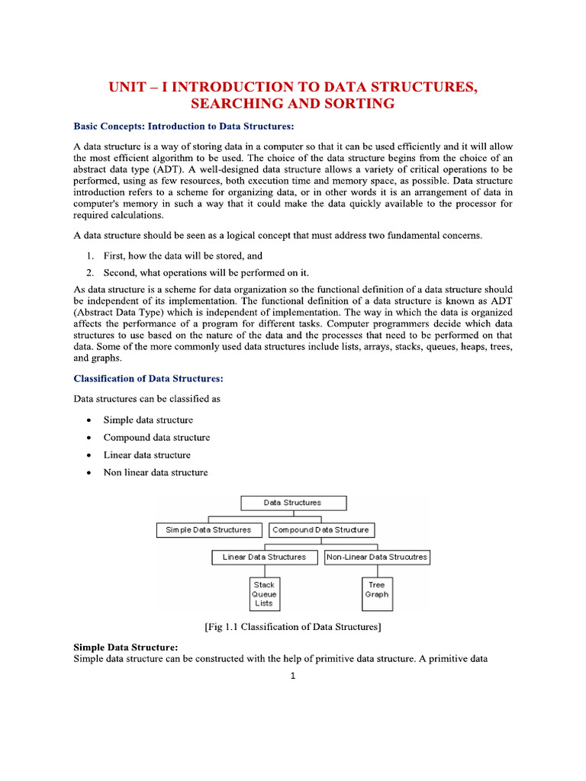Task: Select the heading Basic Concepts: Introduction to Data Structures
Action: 183,126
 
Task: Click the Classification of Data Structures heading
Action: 148,378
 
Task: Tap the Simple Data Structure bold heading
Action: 125,648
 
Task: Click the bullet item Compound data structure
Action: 156,438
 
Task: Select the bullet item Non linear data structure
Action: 156,472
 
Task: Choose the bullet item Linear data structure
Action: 146,455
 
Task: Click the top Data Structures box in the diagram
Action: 293,503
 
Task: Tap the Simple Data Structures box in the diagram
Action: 208,530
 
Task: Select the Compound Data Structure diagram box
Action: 320,530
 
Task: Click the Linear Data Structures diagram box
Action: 264,558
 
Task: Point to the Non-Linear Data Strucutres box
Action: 377,558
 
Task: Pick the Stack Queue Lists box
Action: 264,594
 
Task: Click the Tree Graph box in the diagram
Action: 377,590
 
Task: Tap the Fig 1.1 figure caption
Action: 293,628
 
